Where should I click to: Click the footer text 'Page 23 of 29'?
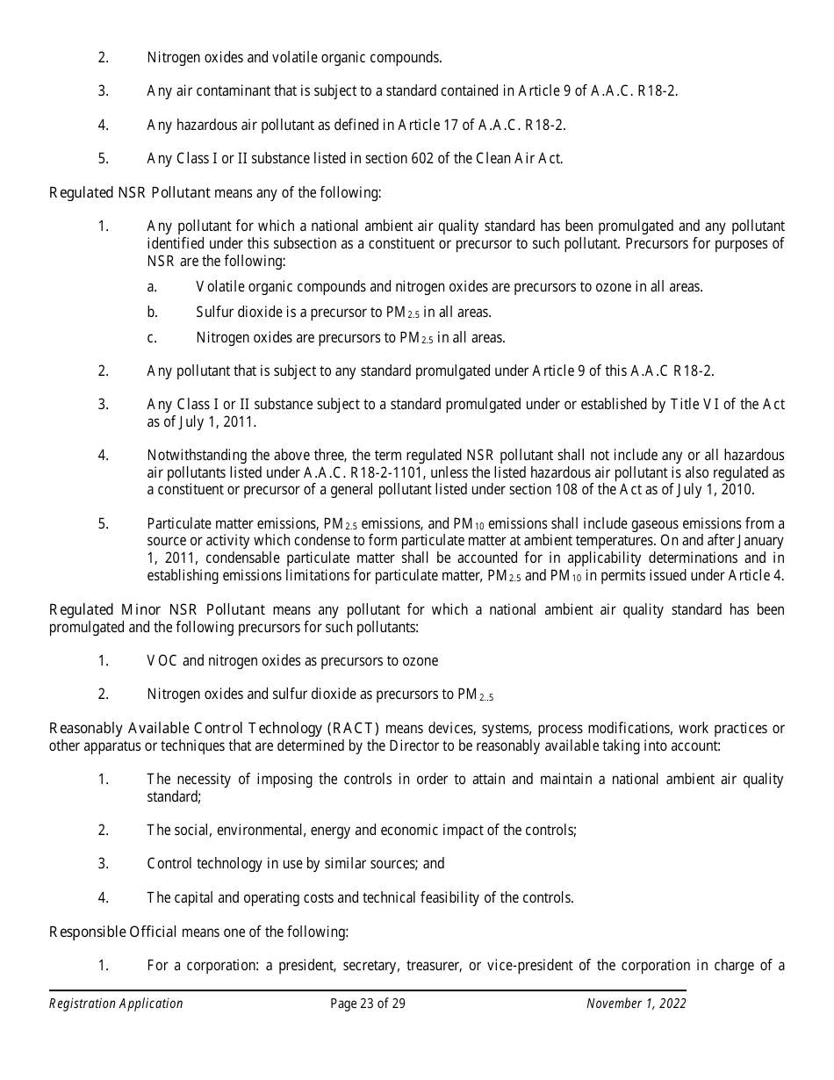[368, 1004]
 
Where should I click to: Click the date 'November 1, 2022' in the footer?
[636, 1004]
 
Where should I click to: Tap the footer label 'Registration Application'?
[116, 1004]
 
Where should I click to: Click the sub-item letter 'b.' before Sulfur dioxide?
[152, 312]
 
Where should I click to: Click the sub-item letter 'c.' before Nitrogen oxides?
[152, 337]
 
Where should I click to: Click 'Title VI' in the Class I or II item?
[694, 405]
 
